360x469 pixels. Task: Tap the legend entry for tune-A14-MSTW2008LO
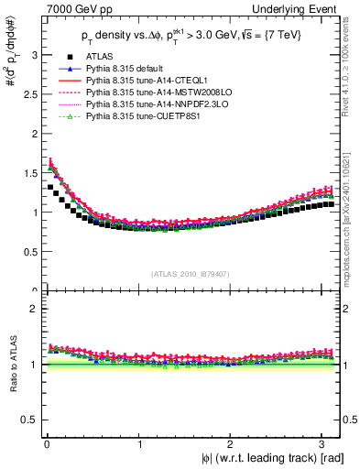(147, 93)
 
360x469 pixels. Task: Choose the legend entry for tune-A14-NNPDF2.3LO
(147, 104)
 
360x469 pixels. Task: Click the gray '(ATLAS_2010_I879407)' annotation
(191, 272)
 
